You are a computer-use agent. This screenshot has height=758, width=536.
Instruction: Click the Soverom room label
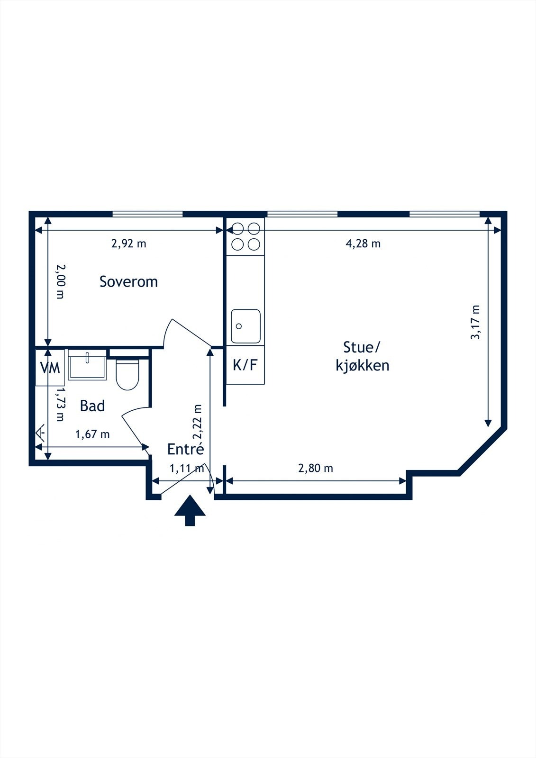click(x=128, y=282)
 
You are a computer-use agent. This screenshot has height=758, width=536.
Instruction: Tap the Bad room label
click(x=92, y=406)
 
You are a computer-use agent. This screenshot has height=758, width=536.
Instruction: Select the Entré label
click(x=186, y=449)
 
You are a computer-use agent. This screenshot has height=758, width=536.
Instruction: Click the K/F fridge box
click(x=245, y=365)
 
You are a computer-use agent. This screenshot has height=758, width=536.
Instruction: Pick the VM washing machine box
click(x=50, y=368)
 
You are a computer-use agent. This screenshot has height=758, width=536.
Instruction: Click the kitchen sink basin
click(x=246, y=326)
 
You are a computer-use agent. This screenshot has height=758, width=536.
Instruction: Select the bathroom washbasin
click(x=87, y=364)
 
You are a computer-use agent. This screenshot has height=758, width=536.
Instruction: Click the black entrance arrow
click(x=190, y=510)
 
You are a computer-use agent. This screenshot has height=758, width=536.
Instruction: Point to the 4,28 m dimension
click(x=363, y=244)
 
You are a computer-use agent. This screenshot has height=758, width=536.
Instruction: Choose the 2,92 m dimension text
click(x=128, y=244)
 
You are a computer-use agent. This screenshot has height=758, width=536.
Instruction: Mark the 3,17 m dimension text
click(x=475, y=322)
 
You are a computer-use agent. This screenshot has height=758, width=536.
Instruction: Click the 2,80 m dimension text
click(x=316, y=469)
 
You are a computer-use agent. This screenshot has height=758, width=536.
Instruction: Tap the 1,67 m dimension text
click(x=92, y=434)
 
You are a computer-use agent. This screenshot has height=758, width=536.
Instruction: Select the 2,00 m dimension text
click(x=60, y=281)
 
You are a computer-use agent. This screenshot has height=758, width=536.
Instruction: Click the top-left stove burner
click(x=238, y=229)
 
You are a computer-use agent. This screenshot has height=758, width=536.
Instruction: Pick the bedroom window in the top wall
click(x=147, y=214)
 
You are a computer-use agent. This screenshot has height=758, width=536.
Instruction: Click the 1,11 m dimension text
click(x=187, y=469)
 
